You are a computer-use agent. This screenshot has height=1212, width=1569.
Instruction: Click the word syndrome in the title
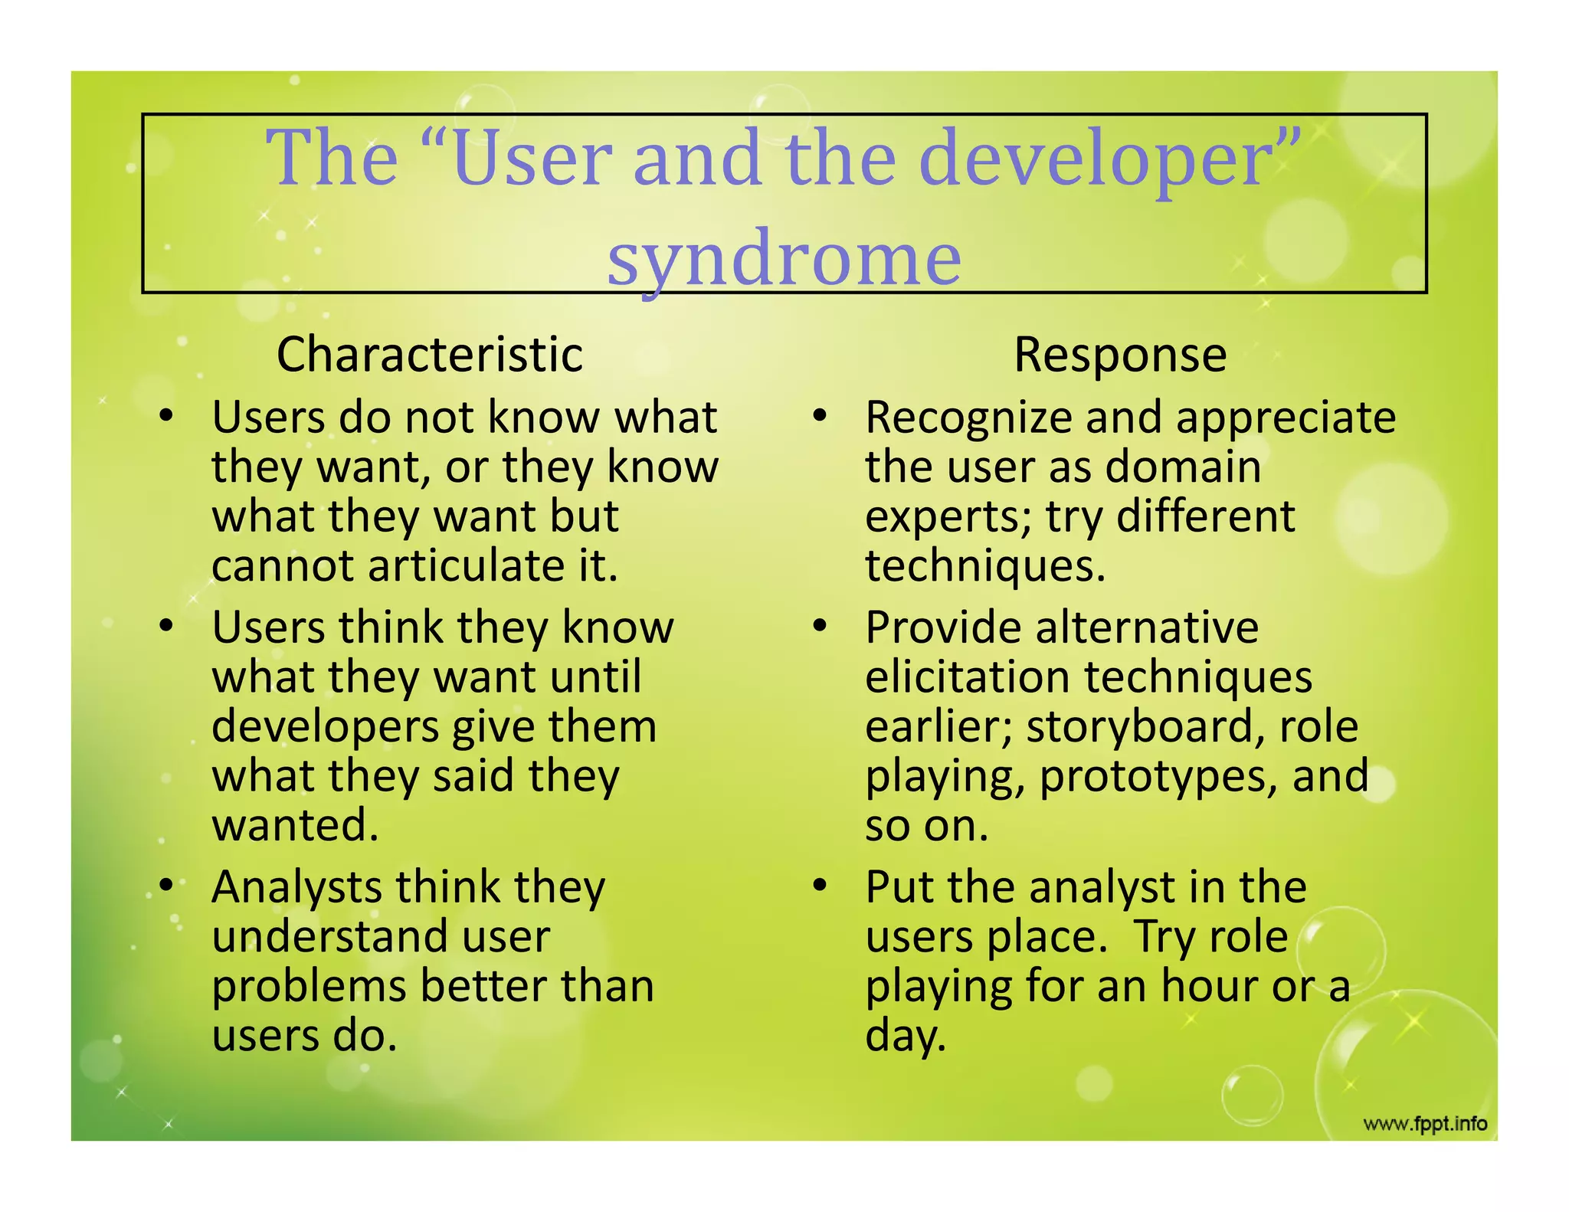tap(784, 259)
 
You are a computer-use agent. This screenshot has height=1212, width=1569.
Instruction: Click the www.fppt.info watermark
tap(1425, 1124)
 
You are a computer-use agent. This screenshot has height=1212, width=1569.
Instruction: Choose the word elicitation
tap(967, 677)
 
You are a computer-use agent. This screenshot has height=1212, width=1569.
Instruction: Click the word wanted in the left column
tap(296, 825)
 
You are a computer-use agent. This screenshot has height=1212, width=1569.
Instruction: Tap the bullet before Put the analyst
tap(820, 885)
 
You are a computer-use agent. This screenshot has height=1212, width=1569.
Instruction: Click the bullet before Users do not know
tap(166, 416)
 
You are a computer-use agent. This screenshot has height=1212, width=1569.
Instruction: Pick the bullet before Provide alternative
tap(820, 626)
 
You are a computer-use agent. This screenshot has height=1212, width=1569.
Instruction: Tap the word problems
tap(309, 987)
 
